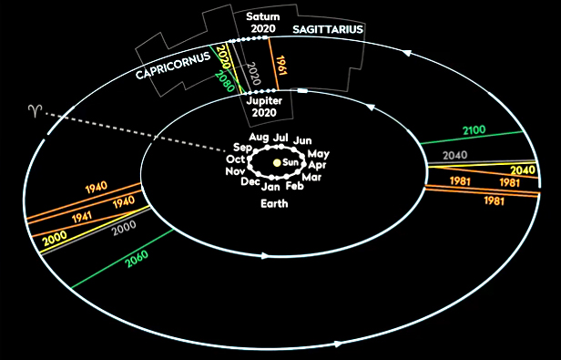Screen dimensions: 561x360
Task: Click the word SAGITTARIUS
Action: (x=328, y=29)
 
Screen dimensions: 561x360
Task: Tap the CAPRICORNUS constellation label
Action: (x=173, y=66)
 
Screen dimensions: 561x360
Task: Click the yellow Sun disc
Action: (x=277, y=163)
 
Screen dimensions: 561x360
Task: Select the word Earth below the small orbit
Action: (x=274, y=204)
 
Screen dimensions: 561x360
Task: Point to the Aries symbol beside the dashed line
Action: (x=36, y=111)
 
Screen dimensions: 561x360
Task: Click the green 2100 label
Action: (x=474, y=130)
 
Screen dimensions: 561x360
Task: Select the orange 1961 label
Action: (x=282, y=66)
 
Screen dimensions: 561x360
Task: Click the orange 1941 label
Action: (x=82, y=217)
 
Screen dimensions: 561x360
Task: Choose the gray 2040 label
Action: (x=455, y=155)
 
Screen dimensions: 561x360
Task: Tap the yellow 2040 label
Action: (x=523, y=170)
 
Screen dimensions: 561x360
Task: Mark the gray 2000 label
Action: (x=124, y=228)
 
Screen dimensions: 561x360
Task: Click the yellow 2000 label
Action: (x=55, y=238)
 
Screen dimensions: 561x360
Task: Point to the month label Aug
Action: (x=259, y=137)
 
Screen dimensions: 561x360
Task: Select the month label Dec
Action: (x=250, y=181)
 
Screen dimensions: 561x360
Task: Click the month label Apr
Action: (x=317, y=166)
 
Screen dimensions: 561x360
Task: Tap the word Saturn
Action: (x=263, y=16)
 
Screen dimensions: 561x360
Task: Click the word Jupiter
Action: (x=264, y=101)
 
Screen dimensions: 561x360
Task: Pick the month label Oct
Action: (x=235, y=159)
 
